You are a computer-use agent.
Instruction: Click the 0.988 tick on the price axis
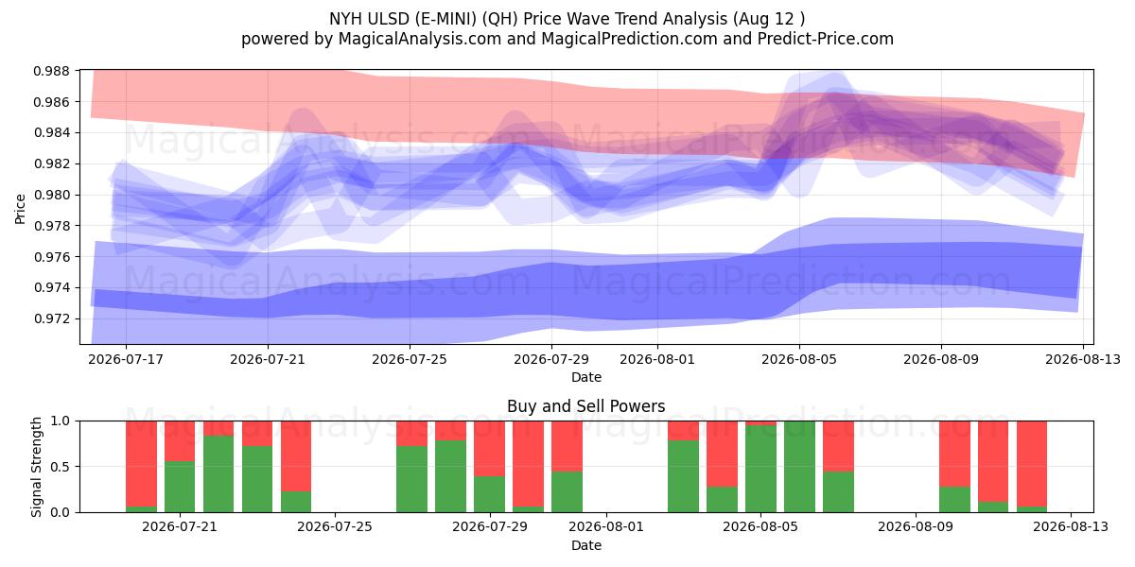pyautogui.click(x=51, y=71)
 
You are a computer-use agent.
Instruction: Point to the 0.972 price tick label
pyautogui.click(x=51, y=319)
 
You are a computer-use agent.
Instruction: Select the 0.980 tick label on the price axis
pyautogui.click(x=51, y=195)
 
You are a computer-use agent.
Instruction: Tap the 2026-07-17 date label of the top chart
pyautogui.click(x=126, y=359)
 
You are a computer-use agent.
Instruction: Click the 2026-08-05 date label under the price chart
pyautogui.click(x=799, y=359)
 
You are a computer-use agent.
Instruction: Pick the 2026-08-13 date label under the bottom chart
pyautogui.click(x=1071, y=527)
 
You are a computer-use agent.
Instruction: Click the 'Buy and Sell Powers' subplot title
pyautogui.click(x=586, y=406)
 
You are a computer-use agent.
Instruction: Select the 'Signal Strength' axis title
pyautogui.click(x=36, y=467)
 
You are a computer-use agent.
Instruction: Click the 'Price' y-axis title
pyautogui.click(x=20, y=209)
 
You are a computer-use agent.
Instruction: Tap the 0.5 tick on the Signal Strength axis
pyautogui.click(x=61, y=467)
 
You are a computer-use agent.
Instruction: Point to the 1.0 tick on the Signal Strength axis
pyautogui.click(x=61, y=421)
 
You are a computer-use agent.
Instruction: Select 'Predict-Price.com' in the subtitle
pyautogui.click(x=826, y=39)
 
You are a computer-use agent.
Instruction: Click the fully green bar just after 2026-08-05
pyautogui.click(x=799, y=467)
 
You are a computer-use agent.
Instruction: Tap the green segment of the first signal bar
pyautogui.click(x=141, y=509)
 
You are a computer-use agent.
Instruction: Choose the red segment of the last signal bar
pyautogui.click(x=1032, y=464)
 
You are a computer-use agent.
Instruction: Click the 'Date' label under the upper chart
pyautogui.click(x=586, y=377)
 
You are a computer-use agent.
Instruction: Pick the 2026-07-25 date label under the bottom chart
pyautogui.click(x=335, y=527)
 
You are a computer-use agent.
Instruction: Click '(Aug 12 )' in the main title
pyautogui.click(x=769, y=19)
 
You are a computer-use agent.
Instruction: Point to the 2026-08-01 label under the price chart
pyautogui.click(x=657, y=359)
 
